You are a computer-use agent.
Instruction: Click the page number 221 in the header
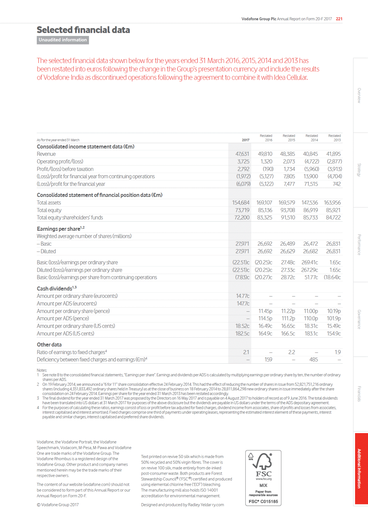[x=339, y=19]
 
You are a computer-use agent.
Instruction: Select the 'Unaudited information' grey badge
[x=63, y=40]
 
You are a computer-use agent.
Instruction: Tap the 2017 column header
[x=246, y=140]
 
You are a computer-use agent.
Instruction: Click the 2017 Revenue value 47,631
[x=242, y=154]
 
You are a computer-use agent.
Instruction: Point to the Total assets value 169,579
[x=287, y=203]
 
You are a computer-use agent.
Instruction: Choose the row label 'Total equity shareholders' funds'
[x=70, y=218]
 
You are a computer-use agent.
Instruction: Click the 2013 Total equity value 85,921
[x=333, y=210]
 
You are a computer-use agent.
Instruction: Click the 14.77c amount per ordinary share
[x=242, y=296]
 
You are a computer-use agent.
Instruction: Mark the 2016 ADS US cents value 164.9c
[x=265, y=334]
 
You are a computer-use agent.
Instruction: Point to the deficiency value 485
[x=313, y=360]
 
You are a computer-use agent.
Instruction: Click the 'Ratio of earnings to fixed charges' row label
[x=72, y=352]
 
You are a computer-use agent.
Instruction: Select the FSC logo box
[x=263, y=478]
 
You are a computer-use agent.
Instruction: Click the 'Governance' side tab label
[x=359, y=319]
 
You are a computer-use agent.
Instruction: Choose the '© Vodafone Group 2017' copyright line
[x=58, y=505]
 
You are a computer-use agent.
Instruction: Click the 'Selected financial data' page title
[x=83, y=30]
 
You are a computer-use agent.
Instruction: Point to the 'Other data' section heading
[x=49, y=345]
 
